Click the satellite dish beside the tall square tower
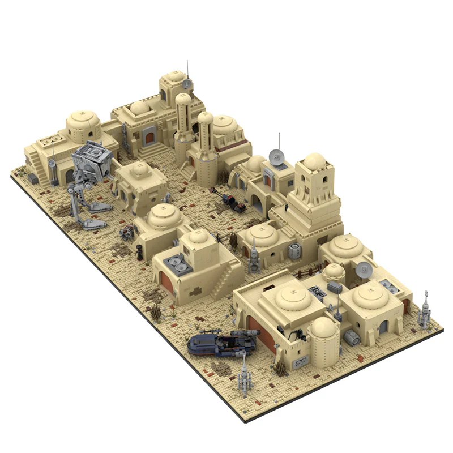276,155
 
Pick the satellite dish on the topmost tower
187,84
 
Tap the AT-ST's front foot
96,224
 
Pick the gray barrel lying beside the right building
352,338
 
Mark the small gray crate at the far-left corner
33,179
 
